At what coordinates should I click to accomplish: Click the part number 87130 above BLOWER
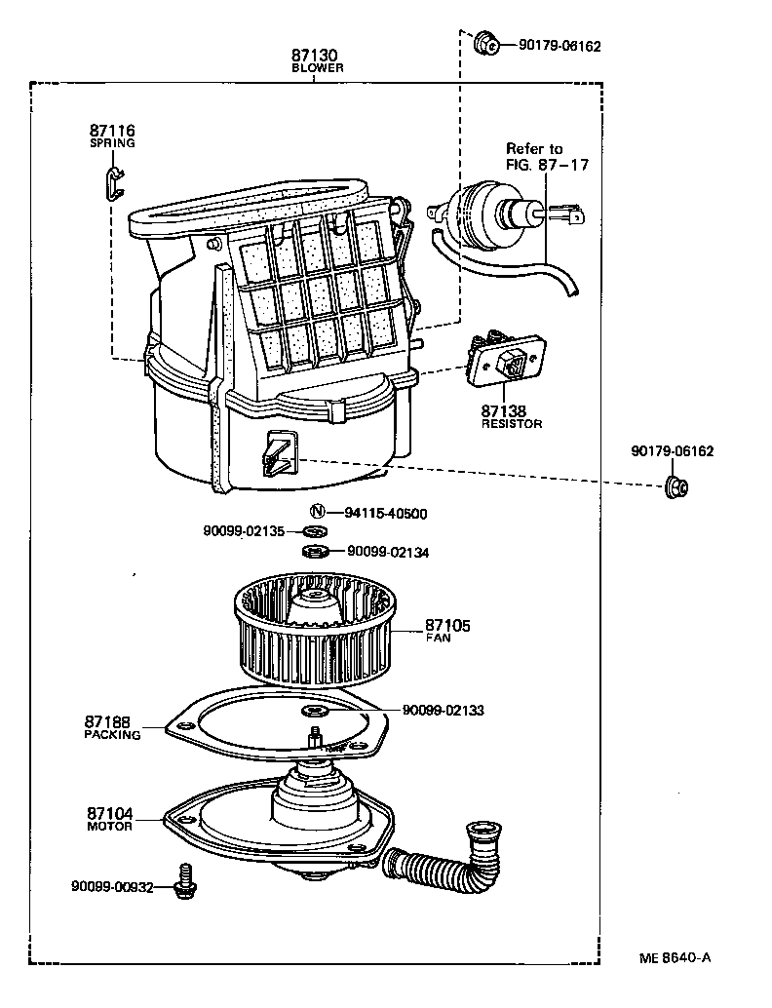[313, 56]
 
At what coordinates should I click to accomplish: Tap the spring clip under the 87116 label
[114, 181]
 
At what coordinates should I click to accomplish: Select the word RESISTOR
[512, 424]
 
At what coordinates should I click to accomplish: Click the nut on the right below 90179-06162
[674, 486]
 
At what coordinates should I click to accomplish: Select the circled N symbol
[317, 513]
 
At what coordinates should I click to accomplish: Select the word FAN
[438, 638]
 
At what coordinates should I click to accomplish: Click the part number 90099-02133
[443, 711]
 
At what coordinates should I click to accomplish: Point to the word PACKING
[112, 735]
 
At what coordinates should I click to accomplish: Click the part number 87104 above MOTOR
[109, 813]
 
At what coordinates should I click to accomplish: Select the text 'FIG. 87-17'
[547, 165]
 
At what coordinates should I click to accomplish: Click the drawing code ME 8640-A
[675, 956]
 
